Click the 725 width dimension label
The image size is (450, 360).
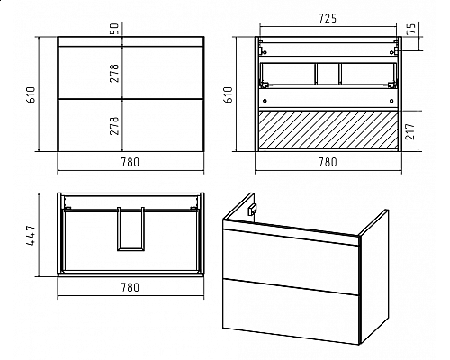328,19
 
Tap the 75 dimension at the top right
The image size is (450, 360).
412,28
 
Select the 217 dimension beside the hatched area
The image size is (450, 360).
410,130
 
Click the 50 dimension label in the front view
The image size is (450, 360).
115,28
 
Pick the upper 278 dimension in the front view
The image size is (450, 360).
114,73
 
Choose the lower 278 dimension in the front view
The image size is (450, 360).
114,126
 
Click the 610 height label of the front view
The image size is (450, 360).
31,94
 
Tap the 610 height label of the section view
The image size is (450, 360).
229,94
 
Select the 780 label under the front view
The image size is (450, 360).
130,162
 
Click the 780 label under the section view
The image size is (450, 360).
328,162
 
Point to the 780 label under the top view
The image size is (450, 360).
130,287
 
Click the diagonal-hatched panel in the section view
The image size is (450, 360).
328,130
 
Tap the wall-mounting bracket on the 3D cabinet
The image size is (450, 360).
252,209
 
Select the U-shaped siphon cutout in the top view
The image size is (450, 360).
130,229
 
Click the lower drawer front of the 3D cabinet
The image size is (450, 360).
291,311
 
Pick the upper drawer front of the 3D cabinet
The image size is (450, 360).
291,256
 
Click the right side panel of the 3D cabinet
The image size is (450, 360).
374,276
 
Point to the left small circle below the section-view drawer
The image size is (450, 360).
265,101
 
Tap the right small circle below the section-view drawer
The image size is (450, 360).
391,101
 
